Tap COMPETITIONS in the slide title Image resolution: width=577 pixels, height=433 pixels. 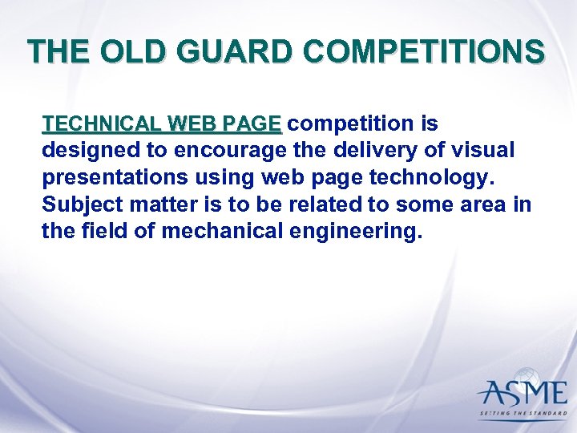pos(425,52)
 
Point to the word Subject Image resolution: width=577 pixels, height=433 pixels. pos(75,205)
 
